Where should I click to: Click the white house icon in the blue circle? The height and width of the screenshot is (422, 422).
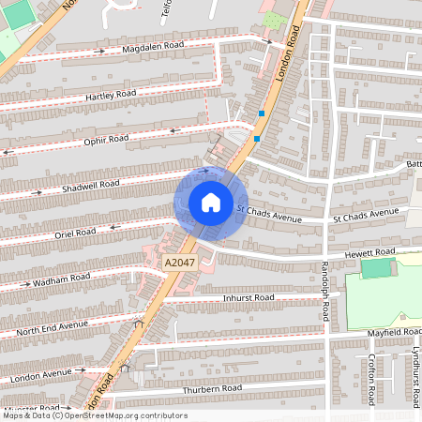pos(210,203)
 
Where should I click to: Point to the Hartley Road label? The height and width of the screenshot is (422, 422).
pos(112,94)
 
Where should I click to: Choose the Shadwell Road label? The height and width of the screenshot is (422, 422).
pos(91,186)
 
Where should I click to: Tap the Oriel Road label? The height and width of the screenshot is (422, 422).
pos(75,232)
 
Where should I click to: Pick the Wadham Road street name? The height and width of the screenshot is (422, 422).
pos(61,279)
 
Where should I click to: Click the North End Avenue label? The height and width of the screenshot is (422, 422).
pos(52,325)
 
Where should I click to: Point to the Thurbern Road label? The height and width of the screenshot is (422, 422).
pos(213,388)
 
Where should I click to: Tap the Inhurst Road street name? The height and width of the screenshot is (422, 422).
pos(249,297)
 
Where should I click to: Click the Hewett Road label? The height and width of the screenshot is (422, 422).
pos(370,253)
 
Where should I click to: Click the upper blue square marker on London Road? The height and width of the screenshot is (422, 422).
pos(262,113)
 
